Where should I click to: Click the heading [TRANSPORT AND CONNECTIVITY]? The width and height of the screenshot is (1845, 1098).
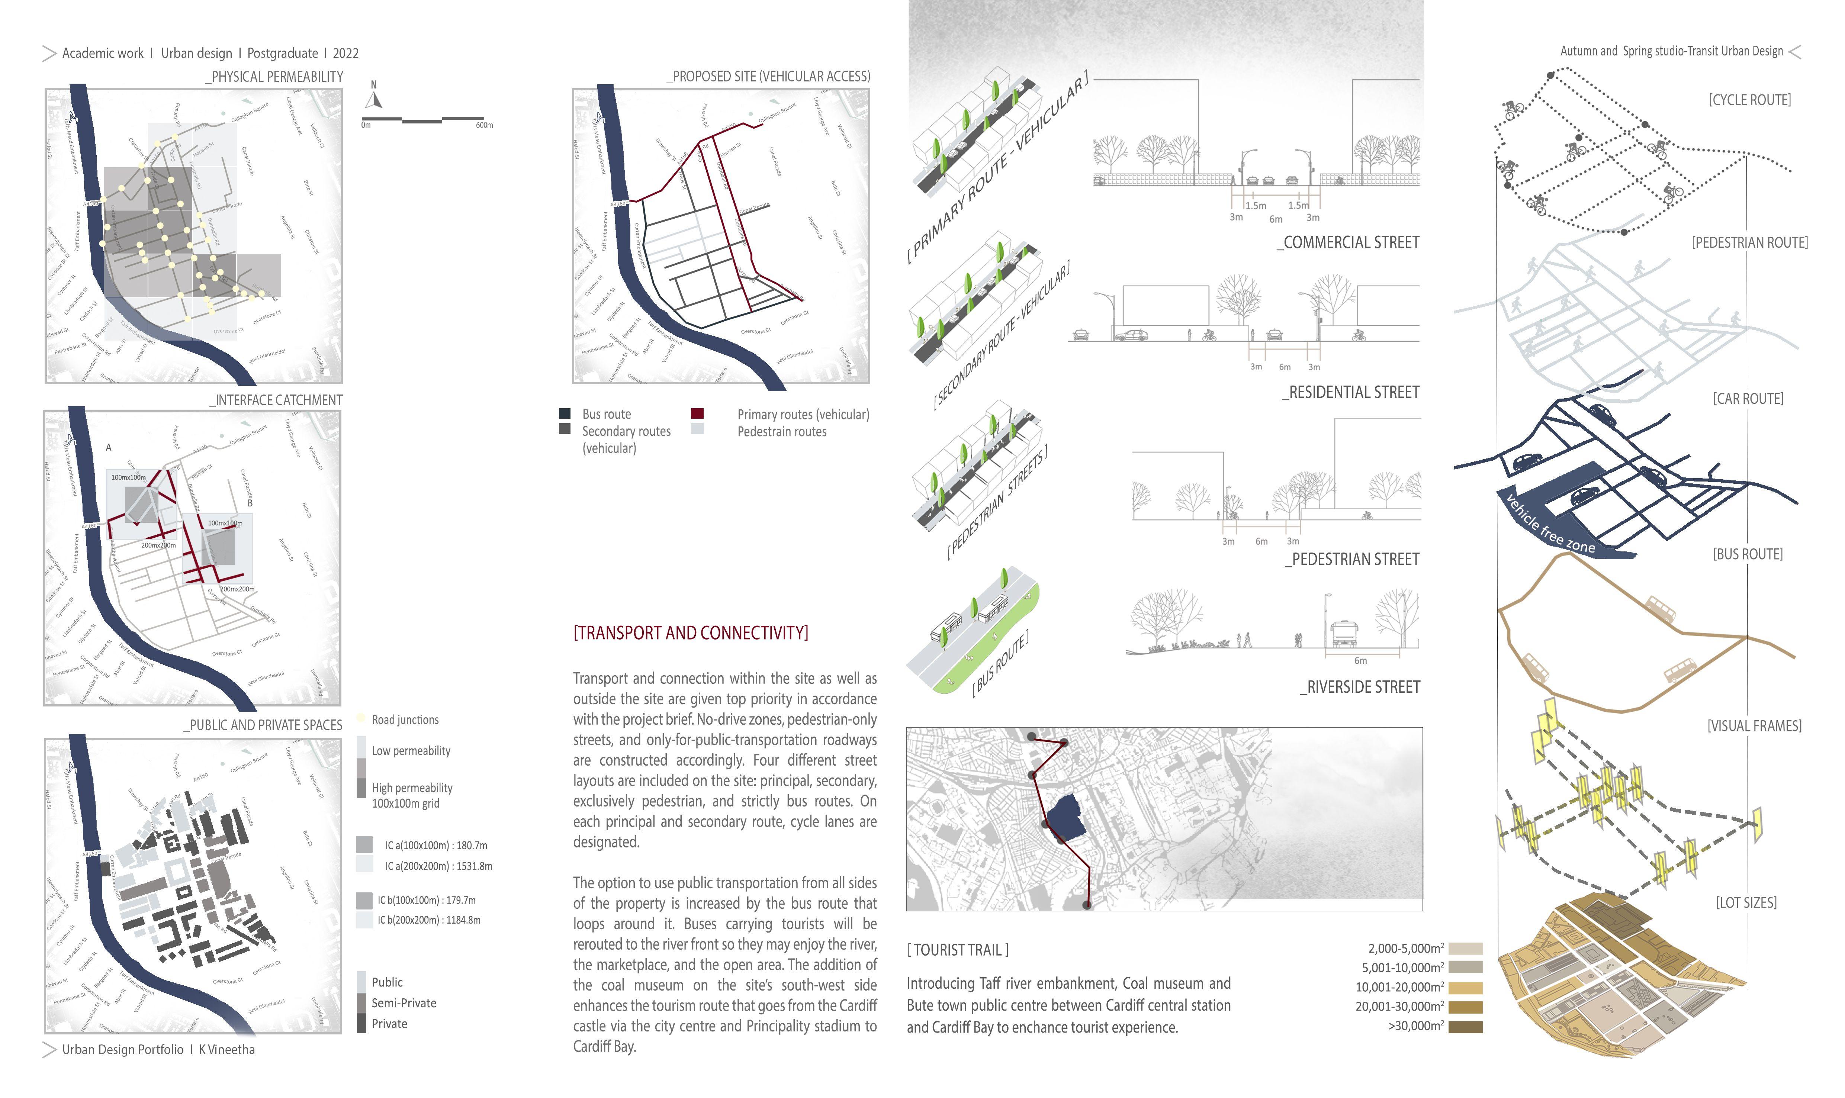click(691, 632)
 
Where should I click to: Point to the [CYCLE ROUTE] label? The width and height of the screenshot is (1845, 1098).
click(1749, 100)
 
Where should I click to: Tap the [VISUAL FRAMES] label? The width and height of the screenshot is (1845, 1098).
click(1754, 726)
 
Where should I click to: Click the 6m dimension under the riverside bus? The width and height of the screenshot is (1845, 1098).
click(1360, 661)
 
